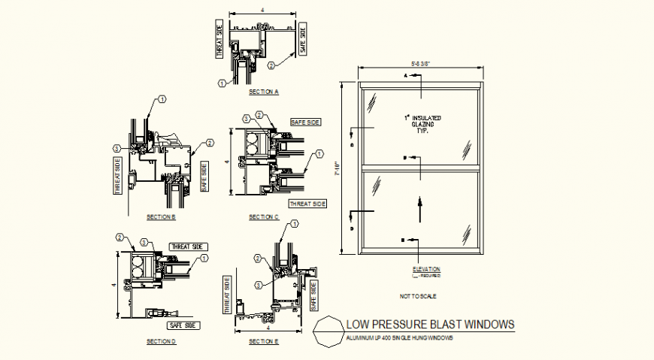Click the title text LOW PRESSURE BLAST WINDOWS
click(430, 325)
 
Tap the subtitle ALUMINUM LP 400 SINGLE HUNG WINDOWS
click(400, 338)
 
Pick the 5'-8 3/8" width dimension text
click(420, 63)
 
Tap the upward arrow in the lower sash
click(419, 203)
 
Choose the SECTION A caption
click(264, 92)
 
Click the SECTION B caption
click(161, 217)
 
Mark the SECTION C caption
click(264, 217)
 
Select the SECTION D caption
click(161, 340)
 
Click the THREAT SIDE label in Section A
click(220, 40)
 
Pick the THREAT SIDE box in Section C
click(307, 204)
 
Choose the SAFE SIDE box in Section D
click(183, 325)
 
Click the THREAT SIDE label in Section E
click(226, 294)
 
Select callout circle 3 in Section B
click(117, 147)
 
